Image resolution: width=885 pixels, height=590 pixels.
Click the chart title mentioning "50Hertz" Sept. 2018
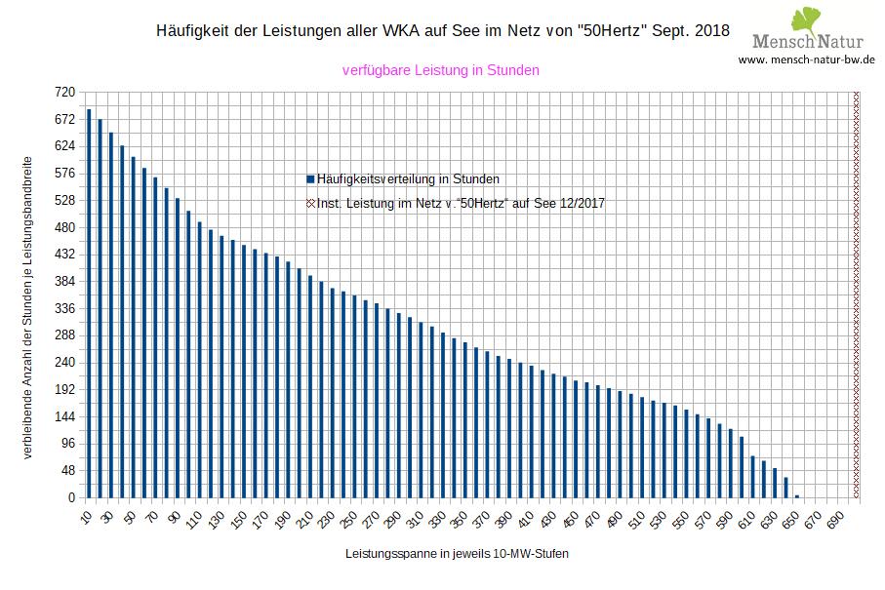(441, 30)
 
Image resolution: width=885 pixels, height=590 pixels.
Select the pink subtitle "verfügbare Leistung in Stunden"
(441, 70)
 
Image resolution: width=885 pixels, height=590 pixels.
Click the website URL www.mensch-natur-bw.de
(806, 59)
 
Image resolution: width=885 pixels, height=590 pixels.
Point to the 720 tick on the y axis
(64, 92)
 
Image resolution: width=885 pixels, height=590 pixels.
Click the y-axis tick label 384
(64, 281)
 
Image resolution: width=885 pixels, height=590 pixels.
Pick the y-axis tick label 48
(67, 470)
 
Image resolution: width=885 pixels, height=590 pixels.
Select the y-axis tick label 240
(64, 362)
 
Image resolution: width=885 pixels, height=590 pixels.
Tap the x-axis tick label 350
(435, 518)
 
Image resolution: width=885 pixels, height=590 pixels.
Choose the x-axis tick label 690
(834, 518)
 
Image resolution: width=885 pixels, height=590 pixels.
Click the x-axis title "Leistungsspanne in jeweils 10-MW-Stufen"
(457, 554)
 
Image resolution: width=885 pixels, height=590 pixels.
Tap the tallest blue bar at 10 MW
(89, 303)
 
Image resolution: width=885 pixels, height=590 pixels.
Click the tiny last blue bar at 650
(796, 495)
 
